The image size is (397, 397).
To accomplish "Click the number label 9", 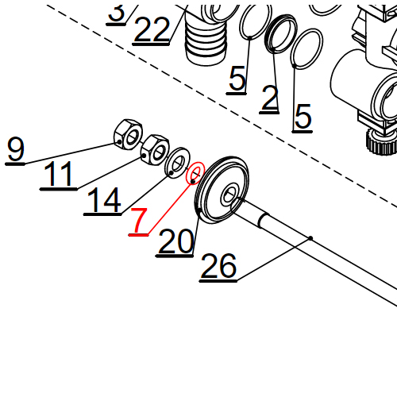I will point(16,148).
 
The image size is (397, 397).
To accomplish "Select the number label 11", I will point(60,174).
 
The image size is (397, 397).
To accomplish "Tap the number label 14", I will point(103,199).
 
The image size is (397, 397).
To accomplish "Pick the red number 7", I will point(139,222).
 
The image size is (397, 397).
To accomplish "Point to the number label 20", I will point(175,241).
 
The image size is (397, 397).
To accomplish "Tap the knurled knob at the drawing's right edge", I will point(379,143).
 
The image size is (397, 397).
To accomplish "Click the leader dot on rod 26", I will point(311,238).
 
